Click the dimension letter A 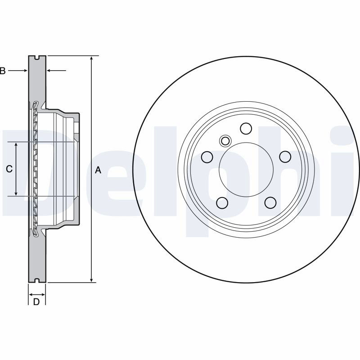click(98, 170)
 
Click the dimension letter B click(2, 71)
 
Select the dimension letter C click(9, 169)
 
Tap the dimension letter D click(36, 301)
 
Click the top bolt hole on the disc click(246, 129)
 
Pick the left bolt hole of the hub click(207, 157)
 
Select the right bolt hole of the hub click(285, 157)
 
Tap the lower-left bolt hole click(222, 203)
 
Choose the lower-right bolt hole click(270, 203)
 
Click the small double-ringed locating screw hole click(225, 141)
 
